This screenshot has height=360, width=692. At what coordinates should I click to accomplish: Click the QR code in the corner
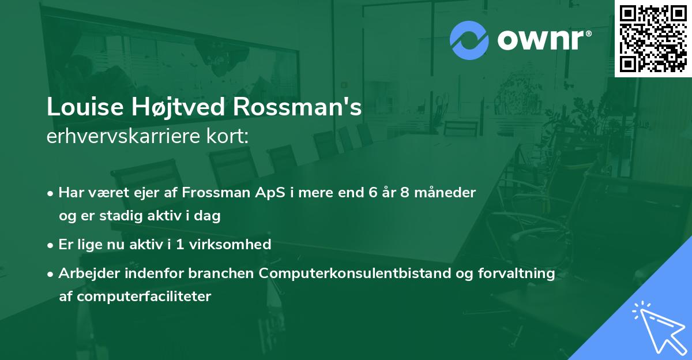[x=653, y=38]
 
